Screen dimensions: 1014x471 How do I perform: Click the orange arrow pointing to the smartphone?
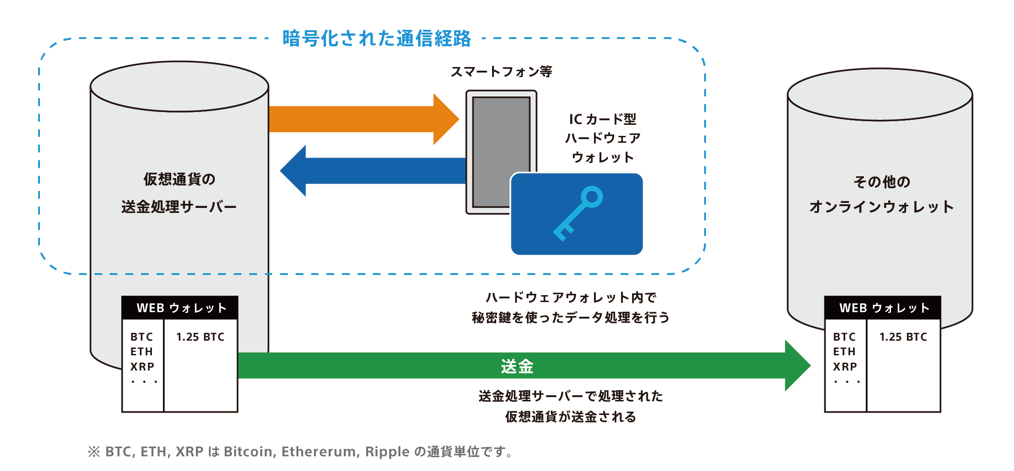[364, 119]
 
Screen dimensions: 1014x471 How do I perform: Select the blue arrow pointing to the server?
[373, 171]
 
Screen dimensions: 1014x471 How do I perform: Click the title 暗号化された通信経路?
[376, 39]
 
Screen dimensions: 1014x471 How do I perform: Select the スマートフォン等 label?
[501, 72]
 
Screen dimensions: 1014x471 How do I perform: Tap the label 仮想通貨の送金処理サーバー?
[179, 193]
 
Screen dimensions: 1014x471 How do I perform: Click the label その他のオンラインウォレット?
[881, 194]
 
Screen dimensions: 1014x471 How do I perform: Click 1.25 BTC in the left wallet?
[201, 337]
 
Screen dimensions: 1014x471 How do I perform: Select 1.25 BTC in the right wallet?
[903, 337]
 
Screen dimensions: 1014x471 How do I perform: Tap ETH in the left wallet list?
[141, 352]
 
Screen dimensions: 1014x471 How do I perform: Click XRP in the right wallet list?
[845, 367]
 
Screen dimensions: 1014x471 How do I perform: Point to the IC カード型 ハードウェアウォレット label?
[603, 138]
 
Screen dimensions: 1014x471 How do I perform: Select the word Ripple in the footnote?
[387, 452]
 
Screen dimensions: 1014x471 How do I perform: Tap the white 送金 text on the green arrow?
[517, 366]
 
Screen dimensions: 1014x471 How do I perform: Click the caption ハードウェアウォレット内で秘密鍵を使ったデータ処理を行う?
[571, 308]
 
